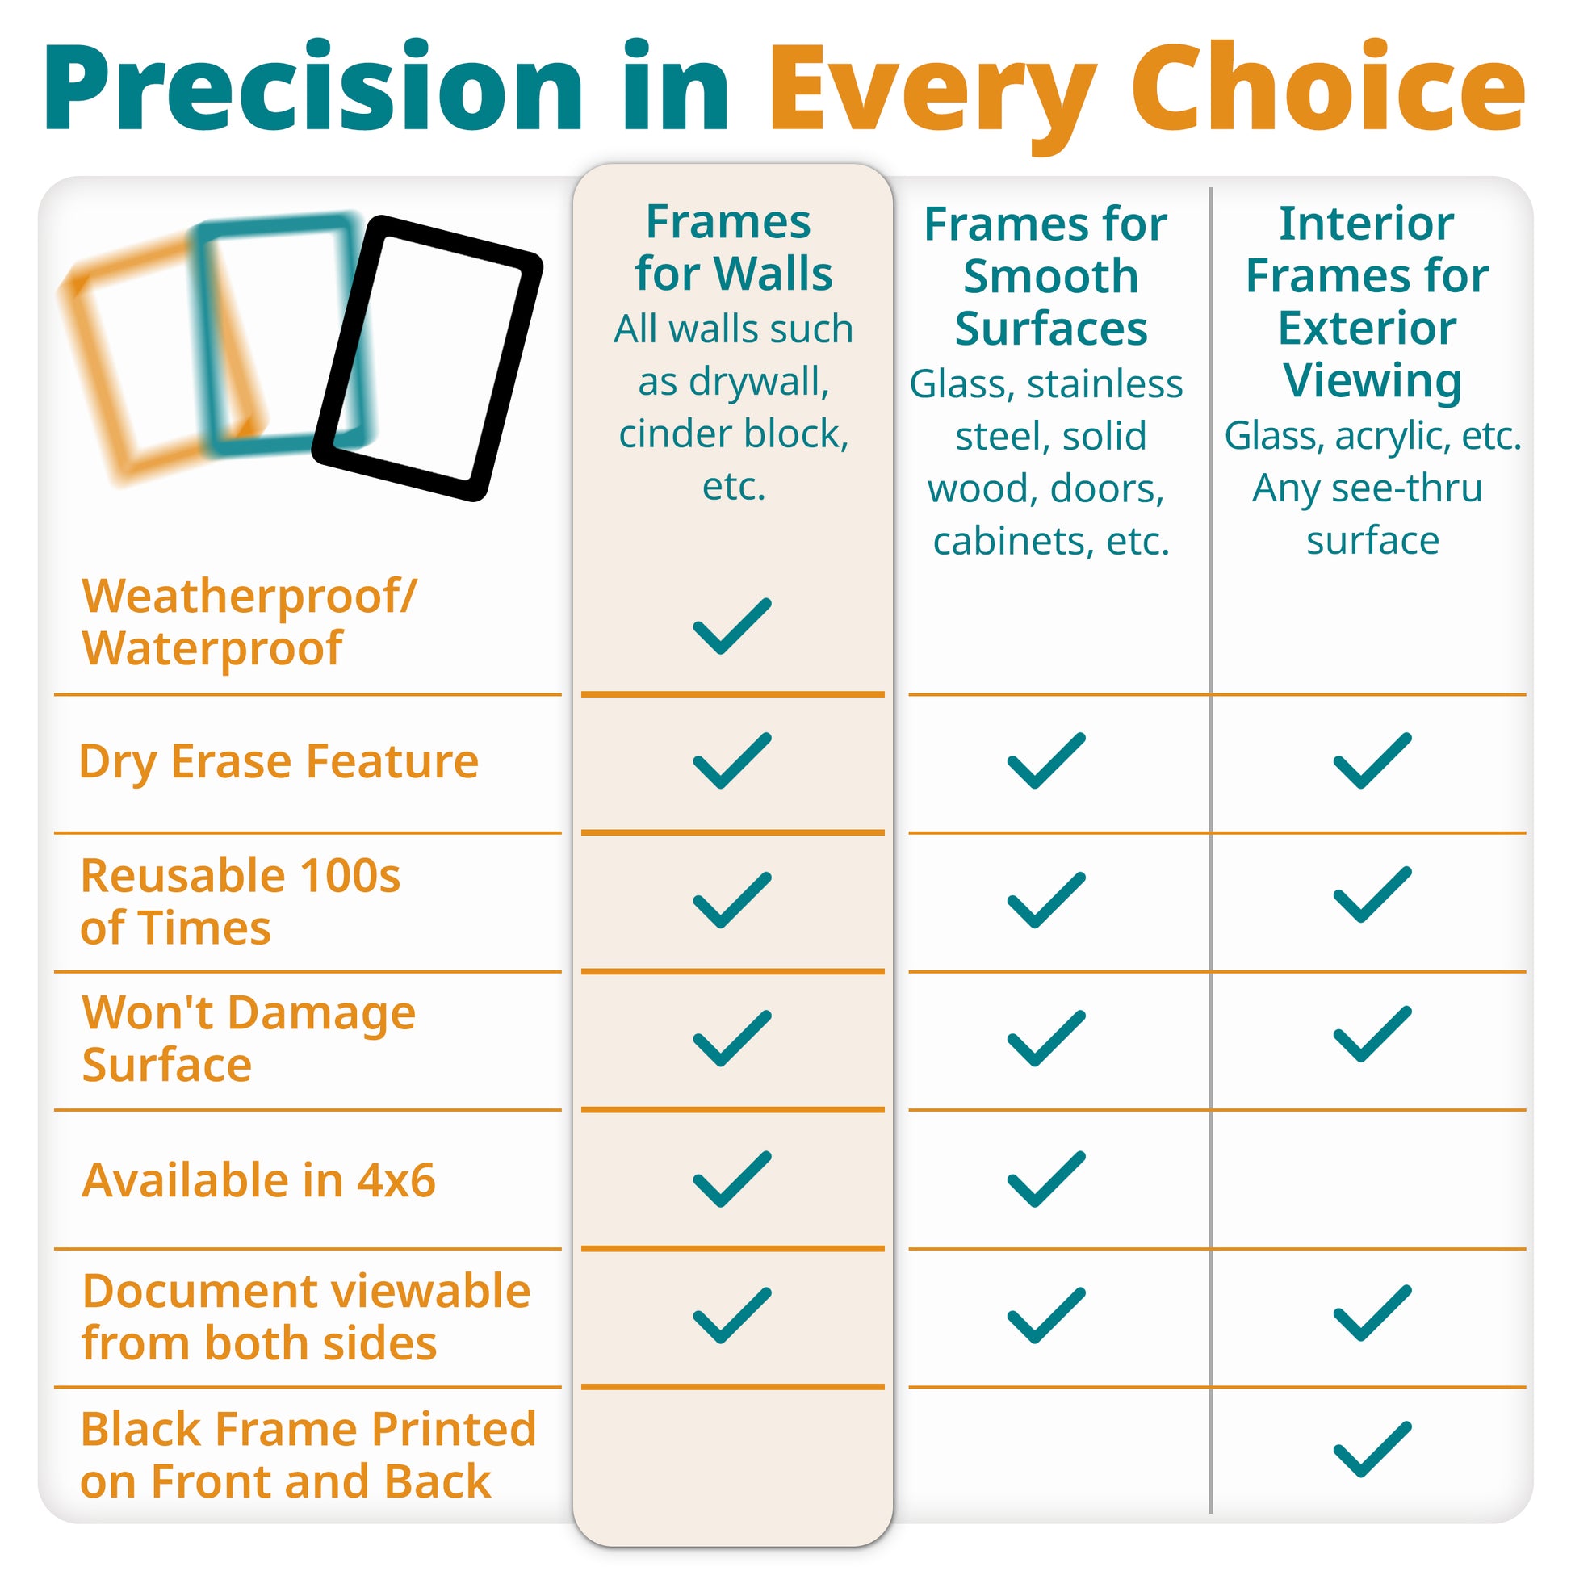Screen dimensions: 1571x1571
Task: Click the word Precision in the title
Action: click(314, 87)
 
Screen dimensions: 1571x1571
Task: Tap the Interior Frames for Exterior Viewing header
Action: click(1368, 302)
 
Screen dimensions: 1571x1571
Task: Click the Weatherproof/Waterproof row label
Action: click(248, 622)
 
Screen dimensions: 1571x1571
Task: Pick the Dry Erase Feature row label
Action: click(279, 762)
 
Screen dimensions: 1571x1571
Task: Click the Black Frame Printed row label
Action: click(308, 1456)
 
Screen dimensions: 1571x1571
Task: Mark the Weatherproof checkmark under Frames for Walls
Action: click(732, 626)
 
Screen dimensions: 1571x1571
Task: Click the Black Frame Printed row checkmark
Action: click(1372, 1449)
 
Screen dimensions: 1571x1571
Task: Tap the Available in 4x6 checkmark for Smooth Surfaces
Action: click(1046, 1179)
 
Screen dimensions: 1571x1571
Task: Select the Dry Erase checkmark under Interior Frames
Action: click(1372, 760)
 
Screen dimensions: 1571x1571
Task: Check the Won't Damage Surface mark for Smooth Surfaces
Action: click(1046, 1038)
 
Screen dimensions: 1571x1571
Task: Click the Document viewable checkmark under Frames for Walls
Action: click(732, 1316)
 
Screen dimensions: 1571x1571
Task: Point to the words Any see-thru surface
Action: click(1369, 514)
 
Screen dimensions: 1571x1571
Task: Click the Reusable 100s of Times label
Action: click(241, 902)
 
